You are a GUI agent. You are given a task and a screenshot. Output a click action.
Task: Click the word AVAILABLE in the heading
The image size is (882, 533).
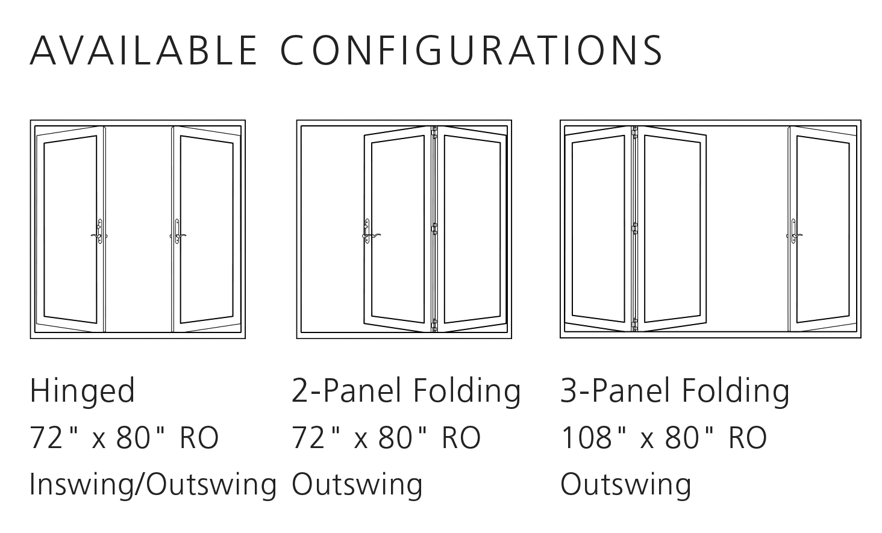point(144,50)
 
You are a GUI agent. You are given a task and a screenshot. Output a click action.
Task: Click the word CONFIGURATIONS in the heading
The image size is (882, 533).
point(472,50)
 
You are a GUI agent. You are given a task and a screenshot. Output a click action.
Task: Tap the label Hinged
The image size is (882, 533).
point(83,392)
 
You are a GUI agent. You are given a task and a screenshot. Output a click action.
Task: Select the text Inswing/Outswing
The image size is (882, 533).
point(153,484)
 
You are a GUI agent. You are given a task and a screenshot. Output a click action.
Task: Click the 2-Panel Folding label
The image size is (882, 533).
point(406,391)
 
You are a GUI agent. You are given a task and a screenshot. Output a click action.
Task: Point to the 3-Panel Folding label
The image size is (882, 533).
point(675,391)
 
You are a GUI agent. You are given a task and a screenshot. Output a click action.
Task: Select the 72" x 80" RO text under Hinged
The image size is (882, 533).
point(124,438)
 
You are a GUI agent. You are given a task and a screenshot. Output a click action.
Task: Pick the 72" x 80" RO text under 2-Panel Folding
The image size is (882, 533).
point(386,438)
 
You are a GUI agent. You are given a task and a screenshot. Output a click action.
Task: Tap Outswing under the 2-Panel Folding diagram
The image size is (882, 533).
point(357,484)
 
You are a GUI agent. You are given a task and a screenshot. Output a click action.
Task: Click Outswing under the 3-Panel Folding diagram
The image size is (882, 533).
point(625,484)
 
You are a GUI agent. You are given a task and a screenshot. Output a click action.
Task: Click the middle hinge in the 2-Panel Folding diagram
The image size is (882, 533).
point(434,228)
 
